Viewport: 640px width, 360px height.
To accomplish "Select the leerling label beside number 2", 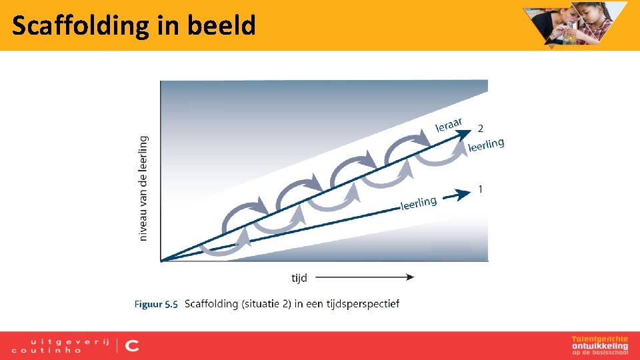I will click(x=486, y=144).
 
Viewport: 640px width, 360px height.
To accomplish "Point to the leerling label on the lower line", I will click(x=419, y=203).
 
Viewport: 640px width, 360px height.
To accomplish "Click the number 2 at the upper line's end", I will click(x=481, y=128).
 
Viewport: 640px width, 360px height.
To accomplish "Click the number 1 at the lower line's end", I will click(x=481, y=190).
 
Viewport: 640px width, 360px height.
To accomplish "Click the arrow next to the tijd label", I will click(x=364, y=277).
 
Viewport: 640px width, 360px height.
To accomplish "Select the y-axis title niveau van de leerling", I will click(x=144, y=189).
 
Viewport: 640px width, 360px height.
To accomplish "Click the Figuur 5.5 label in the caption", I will click(x=156, y=304).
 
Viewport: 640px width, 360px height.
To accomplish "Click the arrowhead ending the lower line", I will click(x=464, y=194).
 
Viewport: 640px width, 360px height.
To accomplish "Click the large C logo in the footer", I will click(x=132, y=345).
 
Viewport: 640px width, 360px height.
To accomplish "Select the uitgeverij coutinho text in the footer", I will click(x=60, y=345).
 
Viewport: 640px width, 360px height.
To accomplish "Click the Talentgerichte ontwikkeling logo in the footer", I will click(x=599, y=344).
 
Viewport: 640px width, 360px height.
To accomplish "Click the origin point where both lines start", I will click(x=162, y=259).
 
